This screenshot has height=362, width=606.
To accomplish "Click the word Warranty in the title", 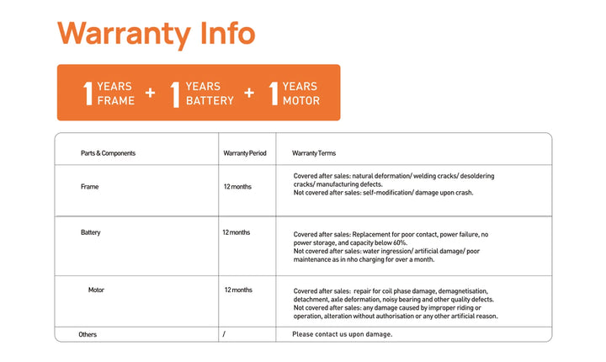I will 123,34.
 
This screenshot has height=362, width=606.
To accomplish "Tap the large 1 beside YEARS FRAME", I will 88,93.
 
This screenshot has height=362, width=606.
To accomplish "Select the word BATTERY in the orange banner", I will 210,101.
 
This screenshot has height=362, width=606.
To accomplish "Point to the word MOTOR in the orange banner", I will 300,101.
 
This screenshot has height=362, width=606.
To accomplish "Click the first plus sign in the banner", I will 150,93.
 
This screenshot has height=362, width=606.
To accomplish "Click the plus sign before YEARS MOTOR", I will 249,93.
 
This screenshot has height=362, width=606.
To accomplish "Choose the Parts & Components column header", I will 108,153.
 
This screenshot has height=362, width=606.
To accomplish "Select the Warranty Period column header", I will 245,153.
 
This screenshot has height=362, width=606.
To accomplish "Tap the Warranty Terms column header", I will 314,153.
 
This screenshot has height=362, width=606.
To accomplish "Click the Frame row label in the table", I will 89,187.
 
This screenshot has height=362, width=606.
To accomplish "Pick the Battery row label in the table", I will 91,232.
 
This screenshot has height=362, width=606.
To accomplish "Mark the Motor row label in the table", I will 97,290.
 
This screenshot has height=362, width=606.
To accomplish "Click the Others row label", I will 88,334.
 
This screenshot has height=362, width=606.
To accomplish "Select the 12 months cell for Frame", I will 237,187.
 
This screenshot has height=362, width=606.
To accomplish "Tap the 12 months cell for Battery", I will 237,232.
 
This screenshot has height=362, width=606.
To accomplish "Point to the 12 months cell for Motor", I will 238,290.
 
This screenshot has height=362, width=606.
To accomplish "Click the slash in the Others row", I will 224,334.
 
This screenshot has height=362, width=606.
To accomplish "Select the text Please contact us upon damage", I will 342,334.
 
